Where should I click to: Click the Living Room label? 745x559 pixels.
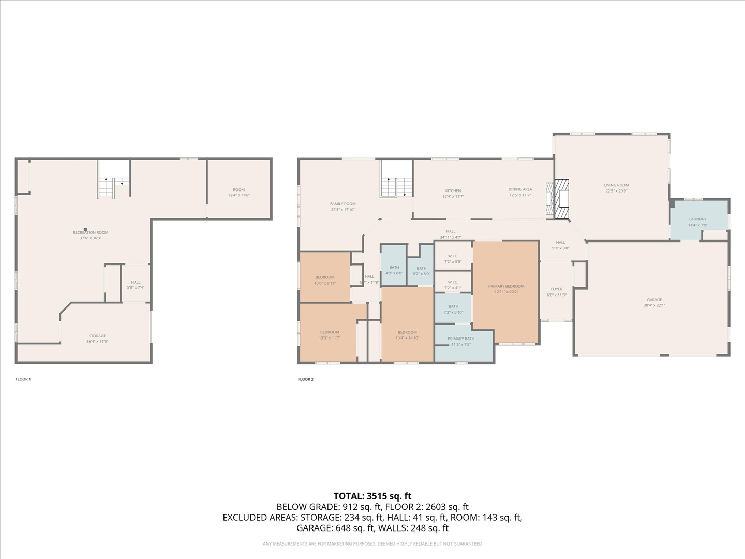616,185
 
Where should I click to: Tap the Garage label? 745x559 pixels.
654,300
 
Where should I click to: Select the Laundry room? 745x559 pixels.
697,220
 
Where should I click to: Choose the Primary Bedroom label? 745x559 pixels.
506,287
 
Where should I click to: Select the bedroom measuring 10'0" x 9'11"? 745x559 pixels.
325,278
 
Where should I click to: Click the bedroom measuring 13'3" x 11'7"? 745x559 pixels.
329,333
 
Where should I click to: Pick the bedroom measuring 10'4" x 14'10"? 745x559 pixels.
407,333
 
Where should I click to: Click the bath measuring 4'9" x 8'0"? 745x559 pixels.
394,268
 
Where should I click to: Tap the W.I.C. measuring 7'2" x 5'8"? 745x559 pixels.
453,256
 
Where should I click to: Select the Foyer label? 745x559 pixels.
556,290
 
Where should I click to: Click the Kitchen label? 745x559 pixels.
453,191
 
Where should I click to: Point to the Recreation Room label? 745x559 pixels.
91,233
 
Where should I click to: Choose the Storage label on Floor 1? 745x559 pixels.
97,336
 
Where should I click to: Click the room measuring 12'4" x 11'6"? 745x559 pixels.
239,190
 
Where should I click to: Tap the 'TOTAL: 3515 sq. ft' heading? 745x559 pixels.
372,496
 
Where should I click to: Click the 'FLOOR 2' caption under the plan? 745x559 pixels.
305,379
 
